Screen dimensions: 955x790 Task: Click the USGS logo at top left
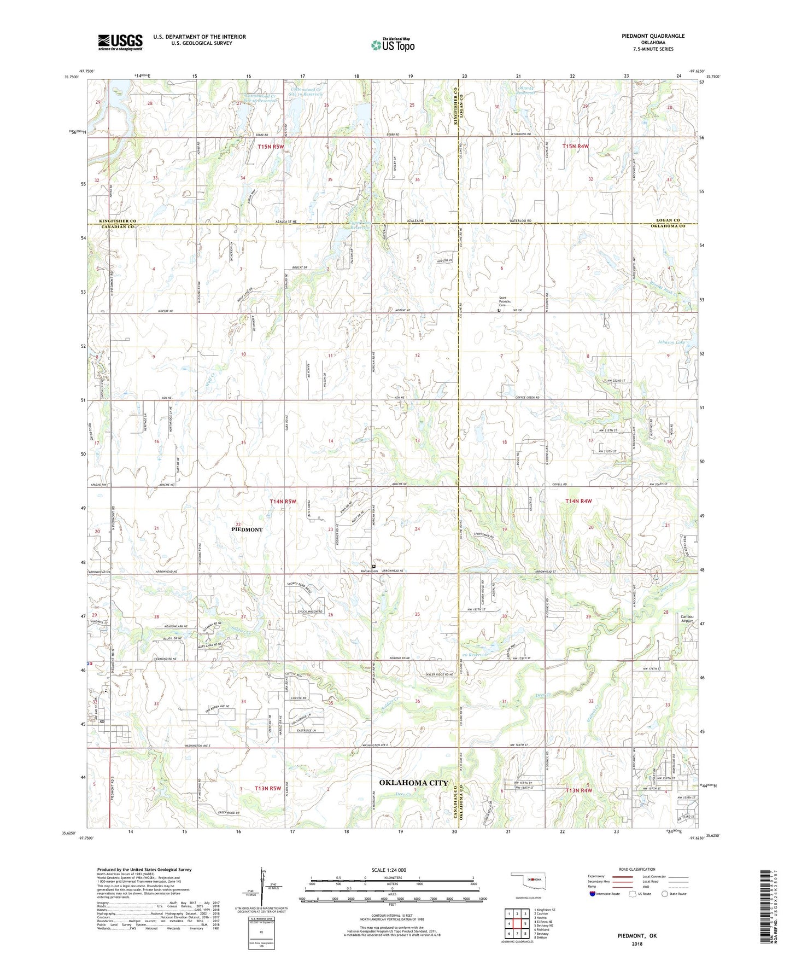point(120,42)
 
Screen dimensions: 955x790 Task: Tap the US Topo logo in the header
point(393,45)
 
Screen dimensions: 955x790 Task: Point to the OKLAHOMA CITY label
point(414,783)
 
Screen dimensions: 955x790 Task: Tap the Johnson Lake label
point(671,342)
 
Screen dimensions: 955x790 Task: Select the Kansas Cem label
point(369,571)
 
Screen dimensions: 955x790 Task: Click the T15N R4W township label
point(576,146)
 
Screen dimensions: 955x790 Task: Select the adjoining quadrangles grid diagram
point(517,925)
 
